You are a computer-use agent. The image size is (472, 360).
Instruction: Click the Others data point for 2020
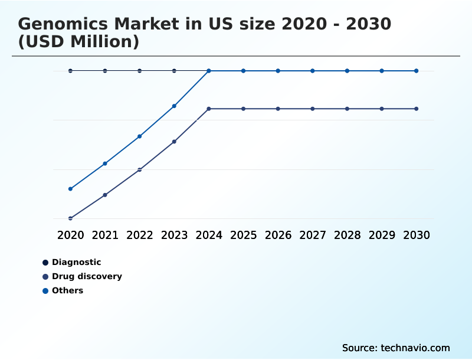click(x=70, y=189)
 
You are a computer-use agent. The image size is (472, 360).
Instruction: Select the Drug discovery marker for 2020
click(x=70, y=218)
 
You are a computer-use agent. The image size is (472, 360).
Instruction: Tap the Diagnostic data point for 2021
click(x=105, y=71)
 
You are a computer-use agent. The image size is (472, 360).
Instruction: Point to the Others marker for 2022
click(x=140, y=136)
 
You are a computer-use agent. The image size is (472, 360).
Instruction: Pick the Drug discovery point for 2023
click(x=174, y=142)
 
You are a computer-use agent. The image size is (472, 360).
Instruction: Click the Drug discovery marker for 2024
click(x=209, y=109)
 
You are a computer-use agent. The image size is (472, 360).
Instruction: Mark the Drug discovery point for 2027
click(x=313, y=109)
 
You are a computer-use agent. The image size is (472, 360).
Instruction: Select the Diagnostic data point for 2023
click(x=174, y=71)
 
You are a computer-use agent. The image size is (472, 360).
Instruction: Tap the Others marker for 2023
click(x=174, y=106)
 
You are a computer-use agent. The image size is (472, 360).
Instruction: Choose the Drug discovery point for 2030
click(x=417, y=109)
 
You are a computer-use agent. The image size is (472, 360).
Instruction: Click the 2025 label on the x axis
click(x=243, y=235)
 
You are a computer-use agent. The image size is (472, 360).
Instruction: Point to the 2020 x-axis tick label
click(x=70, y=235)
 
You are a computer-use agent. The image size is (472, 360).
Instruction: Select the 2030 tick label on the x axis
click(x=417, y=235)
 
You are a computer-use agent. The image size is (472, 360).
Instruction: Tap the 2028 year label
click(x=347, y=235)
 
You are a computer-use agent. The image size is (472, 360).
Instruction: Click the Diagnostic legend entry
click(x=76, y=262)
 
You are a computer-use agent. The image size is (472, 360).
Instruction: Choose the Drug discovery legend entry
click(x=86, y=276)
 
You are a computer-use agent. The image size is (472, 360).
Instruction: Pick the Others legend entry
click(x=67, y=290)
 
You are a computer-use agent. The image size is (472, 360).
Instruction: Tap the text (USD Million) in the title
click(x=78, y=42)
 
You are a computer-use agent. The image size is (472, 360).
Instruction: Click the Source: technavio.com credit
click(x=396, y=348)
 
